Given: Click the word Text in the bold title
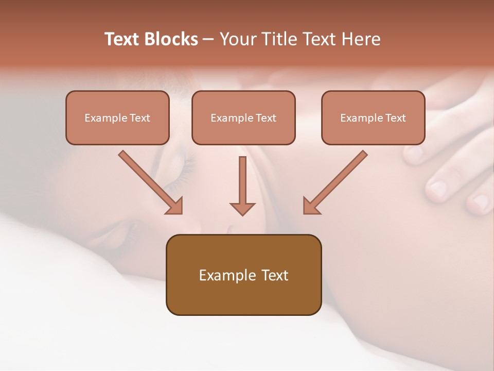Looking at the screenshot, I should tap(122, 39).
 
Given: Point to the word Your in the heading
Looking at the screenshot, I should tap(236, 39).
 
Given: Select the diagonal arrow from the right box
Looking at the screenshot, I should tap(337, 180).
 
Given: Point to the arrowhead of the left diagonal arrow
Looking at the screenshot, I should tap(175, 206).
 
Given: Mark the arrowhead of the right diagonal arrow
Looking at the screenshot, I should tap(311, 206).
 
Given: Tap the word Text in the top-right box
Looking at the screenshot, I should tap(395, 117).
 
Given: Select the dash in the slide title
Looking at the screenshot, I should tap(209, 40).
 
